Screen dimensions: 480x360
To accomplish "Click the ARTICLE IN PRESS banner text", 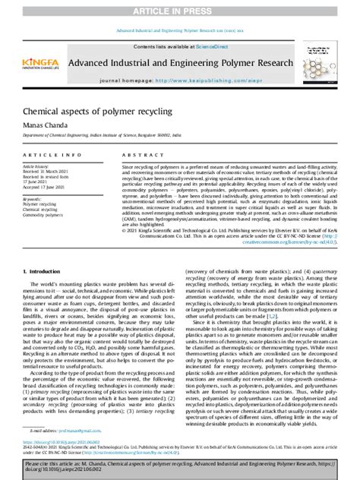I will click(x=180, y=11).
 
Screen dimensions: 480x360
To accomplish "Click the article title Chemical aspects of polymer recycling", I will click(x=87, y=112).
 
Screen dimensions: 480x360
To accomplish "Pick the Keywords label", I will click(x=35, y=198).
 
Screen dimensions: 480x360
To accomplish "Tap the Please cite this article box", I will click(x=180, y=467).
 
